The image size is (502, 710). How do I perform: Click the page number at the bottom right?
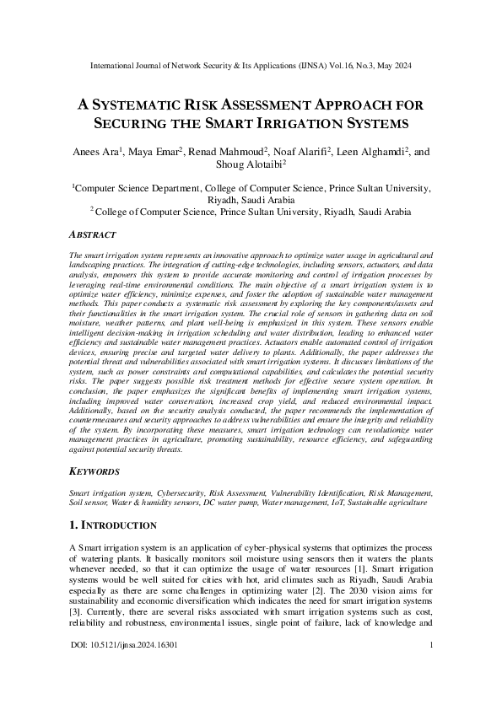click(431, 670)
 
